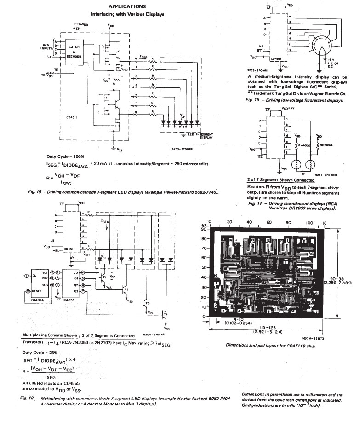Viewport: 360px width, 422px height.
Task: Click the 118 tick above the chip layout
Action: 323,222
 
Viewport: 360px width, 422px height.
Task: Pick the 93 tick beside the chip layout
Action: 203,225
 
